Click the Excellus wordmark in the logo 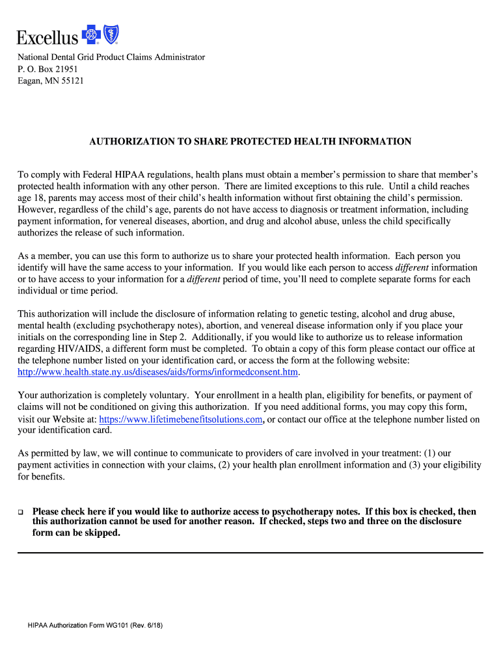coord(47,37)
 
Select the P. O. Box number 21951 coord(65,69)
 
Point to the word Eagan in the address coord(30,81)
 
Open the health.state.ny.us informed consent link coord(157,372)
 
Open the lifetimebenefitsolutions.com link coord(181,420)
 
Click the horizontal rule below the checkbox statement coord(251,552)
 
